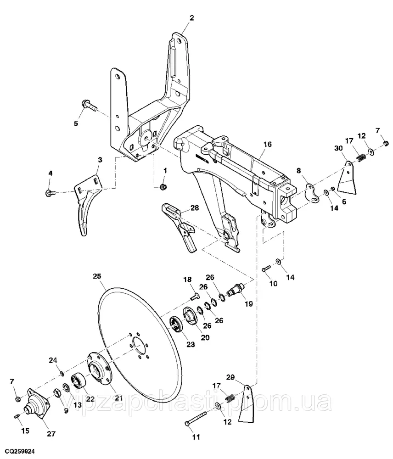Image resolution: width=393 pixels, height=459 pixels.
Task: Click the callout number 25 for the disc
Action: coord(96,276)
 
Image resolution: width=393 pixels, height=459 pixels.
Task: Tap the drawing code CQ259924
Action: coord(20,452)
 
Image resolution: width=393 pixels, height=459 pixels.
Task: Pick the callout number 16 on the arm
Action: coord(268,145)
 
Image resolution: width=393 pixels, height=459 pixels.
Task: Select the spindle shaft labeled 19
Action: coord(236,291)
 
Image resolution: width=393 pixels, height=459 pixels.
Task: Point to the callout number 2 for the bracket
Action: coord(192,18)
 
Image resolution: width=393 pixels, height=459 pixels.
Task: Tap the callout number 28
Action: coord(195,208)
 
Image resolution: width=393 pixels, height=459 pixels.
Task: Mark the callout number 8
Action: coord(299,170)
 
